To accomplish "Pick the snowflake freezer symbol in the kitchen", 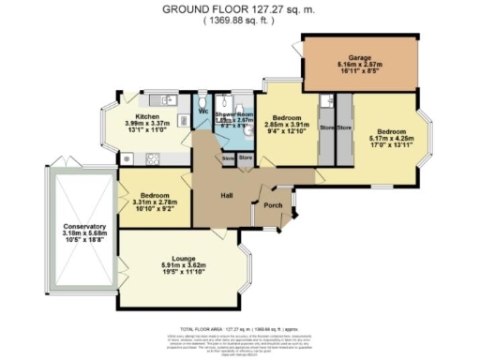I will point(127,157).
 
